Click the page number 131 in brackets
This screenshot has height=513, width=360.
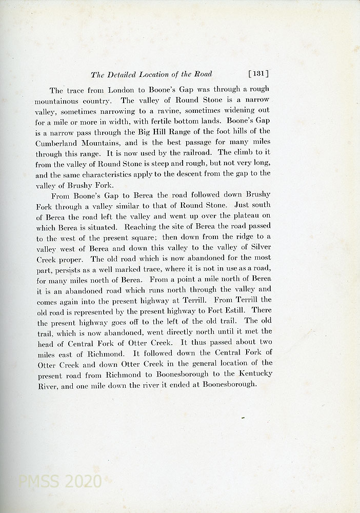[x=258, y=74]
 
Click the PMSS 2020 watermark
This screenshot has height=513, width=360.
[x=59, y=482]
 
